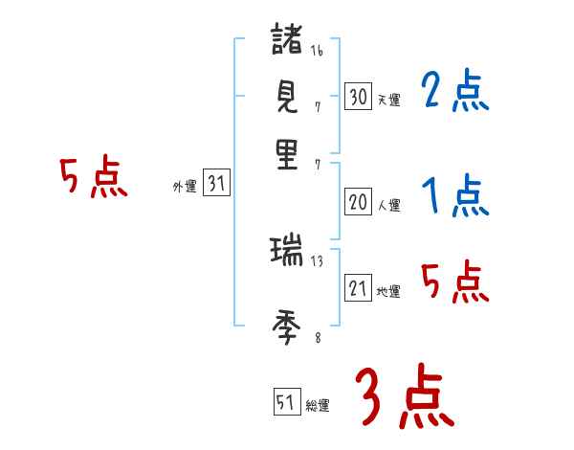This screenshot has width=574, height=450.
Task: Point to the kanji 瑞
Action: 287,253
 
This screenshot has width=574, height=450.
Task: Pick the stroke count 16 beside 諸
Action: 317,51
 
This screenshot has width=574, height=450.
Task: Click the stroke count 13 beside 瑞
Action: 317,259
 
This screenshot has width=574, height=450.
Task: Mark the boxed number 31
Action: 216,185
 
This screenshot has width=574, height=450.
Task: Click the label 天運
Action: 388,100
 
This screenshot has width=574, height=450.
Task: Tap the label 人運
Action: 388,205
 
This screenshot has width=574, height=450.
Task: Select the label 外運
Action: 185,188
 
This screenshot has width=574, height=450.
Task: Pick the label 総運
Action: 318,406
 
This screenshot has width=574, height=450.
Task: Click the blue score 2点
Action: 454,91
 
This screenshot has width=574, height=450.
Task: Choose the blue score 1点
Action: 454,196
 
